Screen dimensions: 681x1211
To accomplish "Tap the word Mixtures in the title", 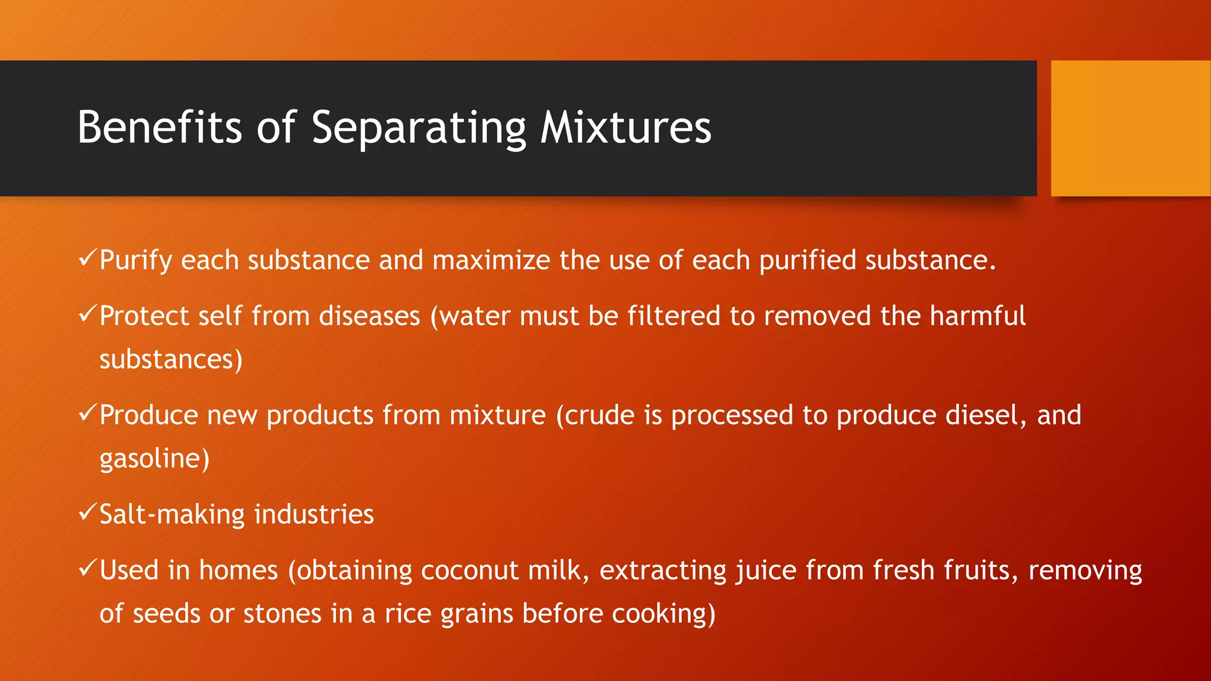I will (626, 127).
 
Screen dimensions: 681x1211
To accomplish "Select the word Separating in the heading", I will (419, 128).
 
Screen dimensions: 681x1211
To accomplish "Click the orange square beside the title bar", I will (1130, 128).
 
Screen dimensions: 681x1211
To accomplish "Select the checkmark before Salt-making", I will (87, 513).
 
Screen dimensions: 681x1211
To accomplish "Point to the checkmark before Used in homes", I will (87, 569).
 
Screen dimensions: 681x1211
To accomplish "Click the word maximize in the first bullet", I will (491, 260).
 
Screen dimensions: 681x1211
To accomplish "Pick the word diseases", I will (370, 316).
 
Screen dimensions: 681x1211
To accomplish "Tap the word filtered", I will (674, 316).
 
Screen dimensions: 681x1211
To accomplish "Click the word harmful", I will (977, 316).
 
